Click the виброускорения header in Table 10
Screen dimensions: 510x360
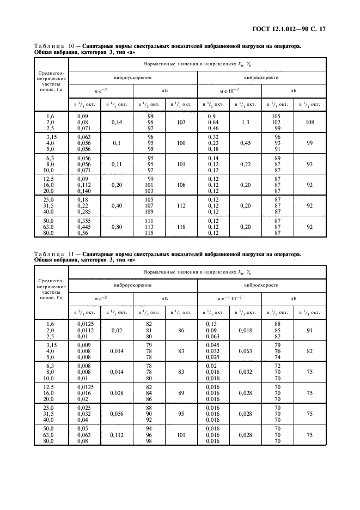click(133, 78)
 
